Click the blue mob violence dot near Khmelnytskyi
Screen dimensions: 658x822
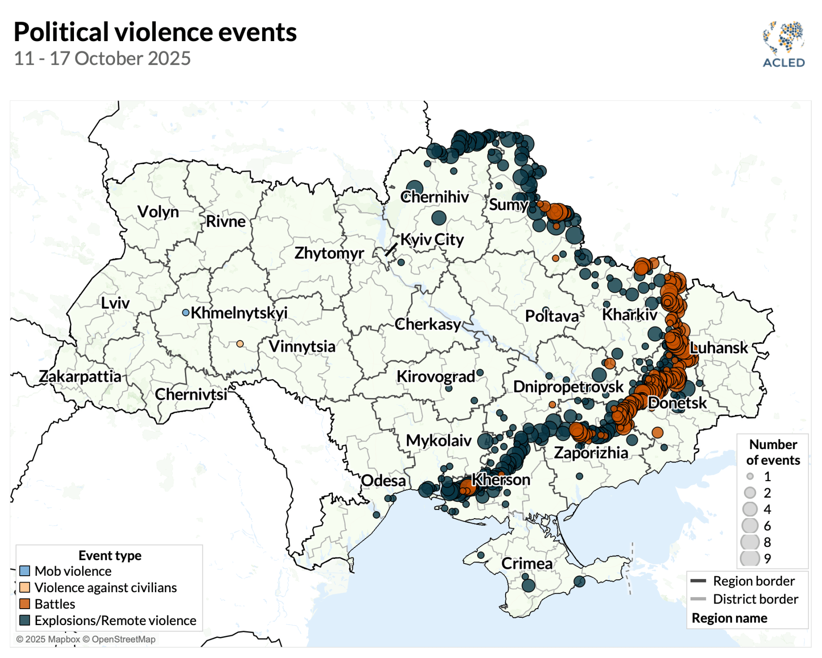click(185, 313)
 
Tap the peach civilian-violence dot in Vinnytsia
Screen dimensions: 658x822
click(240, 344)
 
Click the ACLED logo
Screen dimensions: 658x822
click(784, 44)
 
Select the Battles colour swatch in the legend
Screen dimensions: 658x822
click(25, 604)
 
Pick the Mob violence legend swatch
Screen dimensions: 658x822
click(25, 571)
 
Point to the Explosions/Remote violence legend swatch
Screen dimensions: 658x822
click(25, 620)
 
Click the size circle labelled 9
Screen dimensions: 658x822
click(750, 558)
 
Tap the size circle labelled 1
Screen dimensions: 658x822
click(750, 476)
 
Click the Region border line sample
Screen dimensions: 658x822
click(698, 581)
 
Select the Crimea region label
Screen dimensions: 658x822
click(527, 563)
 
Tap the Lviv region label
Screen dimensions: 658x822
click(115, 302)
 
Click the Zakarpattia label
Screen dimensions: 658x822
click(80, 376)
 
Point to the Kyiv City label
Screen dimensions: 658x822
click(432, 239)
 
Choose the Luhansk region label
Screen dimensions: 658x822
click(718, 348)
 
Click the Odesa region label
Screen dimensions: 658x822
click(383, 480)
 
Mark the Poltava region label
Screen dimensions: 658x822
click(552, 316)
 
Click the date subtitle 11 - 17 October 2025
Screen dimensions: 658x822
click(102, 58)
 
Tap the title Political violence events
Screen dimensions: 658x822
click(155, 32)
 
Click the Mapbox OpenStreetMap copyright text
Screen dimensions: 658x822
click(86, 639)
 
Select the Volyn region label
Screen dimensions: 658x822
click(158, 212)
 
